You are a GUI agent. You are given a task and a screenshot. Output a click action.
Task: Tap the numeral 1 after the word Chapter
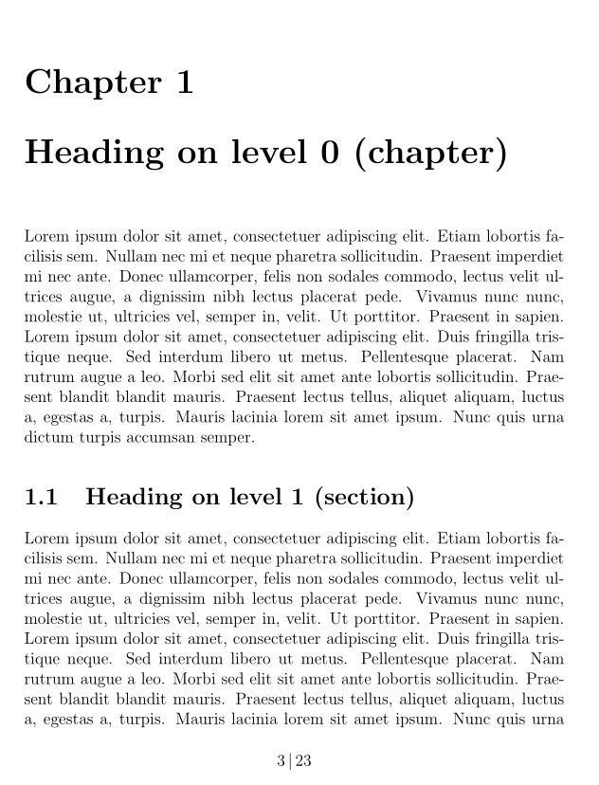[x=184, y=82]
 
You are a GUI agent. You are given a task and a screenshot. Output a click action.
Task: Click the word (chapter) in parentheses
[x=430, y=153]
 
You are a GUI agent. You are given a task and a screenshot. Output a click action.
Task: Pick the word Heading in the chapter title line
[x=100, y=153]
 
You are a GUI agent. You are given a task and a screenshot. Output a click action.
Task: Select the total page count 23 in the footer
[x=303, y=760]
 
